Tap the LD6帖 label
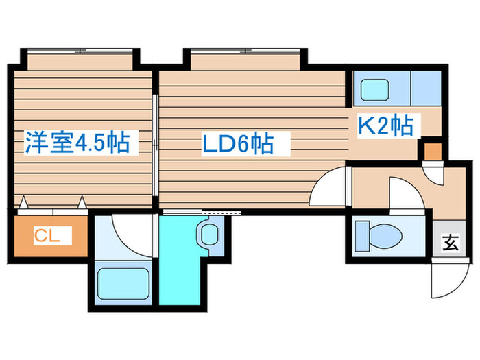point(237,144)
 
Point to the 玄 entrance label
point(449,242)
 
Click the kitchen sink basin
point(376,89)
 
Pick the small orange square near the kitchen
point(432,149)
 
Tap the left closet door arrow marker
point(25,203)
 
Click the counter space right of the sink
point(425,88)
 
